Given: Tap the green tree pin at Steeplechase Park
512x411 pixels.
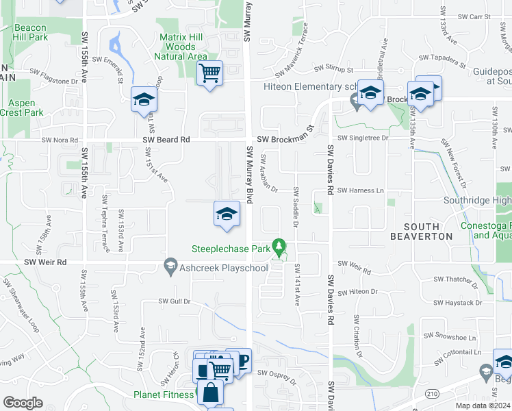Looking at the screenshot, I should click(279, 245).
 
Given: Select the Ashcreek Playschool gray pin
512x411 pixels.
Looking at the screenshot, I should click(170, 267).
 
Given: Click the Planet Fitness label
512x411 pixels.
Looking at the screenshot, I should click(163, 395).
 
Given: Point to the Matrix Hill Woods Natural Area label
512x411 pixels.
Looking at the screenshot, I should click(183, 47).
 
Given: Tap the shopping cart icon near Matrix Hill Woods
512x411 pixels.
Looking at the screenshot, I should click(209, 73).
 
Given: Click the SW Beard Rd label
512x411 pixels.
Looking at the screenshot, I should click(166, 140).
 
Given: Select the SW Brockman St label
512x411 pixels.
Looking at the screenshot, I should click(285, 139).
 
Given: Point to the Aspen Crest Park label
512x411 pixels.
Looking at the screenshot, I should click(22, 108).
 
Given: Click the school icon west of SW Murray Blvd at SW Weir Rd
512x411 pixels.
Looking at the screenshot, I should click(227, 214).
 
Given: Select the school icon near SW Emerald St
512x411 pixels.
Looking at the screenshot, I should click(144, 100).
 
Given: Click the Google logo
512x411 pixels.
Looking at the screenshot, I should click(22, 402).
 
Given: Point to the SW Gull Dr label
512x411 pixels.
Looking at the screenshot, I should click(173, 301).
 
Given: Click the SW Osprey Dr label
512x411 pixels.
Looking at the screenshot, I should click(275, 373).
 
